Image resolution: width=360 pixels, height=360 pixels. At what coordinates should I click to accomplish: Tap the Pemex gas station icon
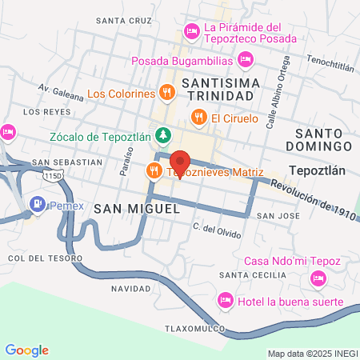click(37, 204)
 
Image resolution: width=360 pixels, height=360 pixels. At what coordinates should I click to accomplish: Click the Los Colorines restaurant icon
click(166, 94)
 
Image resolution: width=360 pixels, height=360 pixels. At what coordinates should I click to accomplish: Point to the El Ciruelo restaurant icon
click(198, 118)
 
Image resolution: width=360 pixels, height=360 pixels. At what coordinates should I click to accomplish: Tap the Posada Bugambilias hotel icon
click(246, 59)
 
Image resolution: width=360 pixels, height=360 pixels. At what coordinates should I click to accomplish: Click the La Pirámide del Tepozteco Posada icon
click(191, 31)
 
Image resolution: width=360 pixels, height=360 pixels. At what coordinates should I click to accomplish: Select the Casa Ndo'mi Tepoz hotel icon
click(318, 278)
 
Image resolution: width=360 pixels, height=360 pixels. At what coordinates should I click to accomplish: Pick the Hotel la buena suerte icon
click(225, 301)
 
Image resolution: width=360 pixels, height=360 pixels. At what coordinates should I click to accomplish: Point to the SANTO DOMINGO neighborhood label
click(323, 138)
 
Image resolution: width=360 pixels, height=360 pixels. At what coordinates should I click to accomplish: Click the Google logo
click(26, 350)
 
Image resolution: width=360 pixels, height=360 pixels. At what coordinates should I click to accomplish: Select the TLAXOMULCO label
click(191, 328)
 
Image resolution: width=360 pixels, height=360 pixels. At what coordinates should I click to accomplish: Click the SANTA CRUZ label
click(122, 19)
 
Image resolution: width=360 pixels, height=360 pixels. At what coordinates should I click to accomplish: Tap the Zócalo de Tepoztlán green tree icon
click(163, 135)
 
